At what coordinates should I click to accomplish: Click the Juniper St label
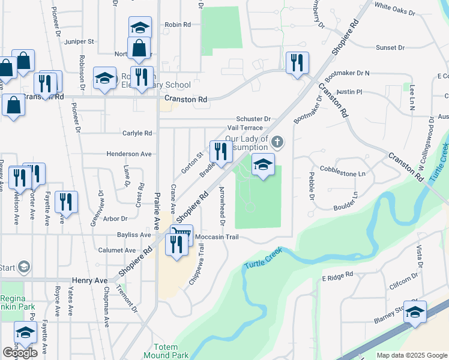click(82, 42)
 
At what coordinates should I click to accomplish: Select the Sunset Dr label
click(391, 47)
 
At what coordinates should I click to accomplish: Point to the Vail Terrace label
click(245, 128)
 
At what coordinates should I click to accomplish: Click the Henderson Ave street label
click(129, 154)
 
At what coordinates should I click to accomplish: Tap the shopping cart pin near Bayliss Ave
click(183, 233)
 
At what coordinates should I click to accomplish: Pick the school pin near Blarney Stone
click(415, 312)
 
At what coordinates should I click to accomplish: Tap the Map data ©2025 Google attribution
click(411, 355)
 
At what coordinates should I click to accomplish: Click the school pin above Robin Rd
click(140, 27)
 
